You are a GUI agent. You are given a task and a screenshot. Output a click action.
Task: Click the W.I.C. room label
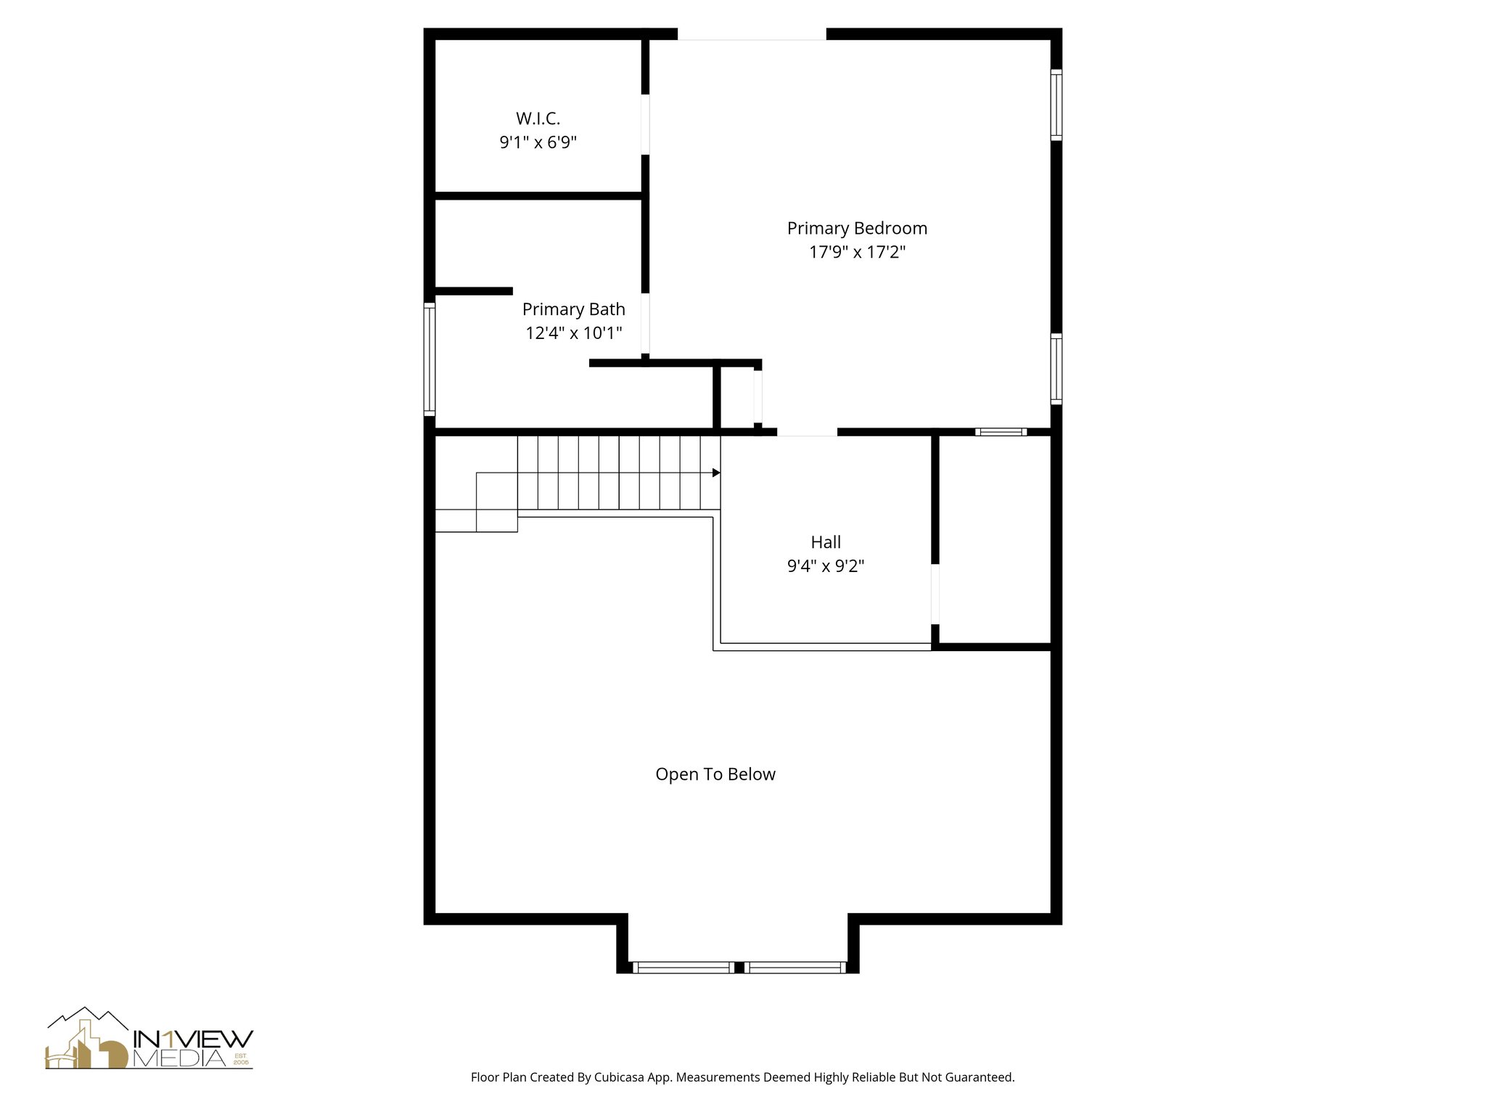pos(538,118)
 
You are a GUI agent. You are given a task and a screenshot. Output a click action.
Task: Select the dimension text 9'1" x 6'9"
pos(538,142)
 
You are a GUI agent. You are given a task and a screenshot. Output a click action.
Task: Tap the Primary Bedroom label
pos(857,229)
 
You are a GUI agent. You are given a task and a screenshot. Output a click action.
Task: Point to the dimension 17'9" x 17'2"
pos(857,253)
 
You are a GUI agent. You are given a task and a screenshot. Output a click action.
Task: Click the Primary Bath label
pos(573,309)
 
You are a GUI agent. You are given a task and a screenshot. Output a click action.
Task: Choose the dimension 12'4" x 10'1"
pos(573,333)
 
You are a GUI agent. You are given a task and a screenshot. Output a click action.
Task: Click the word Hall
pos(826,542)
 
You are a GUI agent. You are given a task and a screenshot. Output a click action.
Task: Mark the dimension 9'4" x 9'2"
pos(826,566)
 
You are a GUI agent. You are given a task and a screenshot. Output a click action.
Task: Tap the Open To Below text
pos(715,775)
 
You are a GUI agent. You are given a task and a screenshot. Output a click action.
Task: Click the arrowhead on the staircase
pos(716,473)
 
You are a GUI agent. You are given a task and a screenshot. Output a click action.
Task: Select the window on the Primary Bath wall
pos(430,359)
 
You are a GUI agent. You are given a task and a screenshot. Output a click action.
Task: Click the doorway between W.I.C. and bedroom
pos(645,124)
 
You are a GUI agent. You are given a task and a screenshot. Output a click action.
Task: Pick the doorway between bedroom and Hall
pos(807,433)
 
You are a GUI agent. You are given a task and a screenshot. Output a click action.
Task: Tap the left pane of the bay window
pos(682,967)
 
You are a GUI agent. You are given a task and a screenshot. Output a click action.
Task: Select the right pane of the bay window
pos(795,967)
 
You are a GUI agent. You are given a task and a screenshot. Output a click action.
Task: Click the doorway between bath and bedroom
pos(645,323)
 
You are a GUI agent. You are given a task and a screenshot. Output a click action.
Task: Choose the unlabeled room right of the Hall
pos(994,539)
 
